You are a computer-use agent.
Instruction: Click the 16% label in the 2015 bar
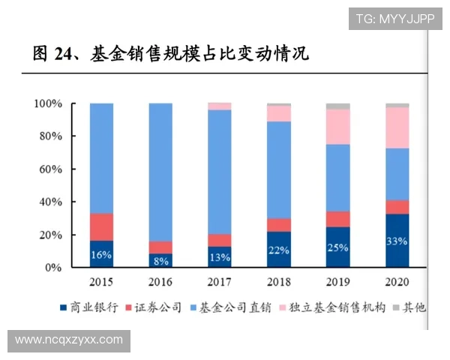coord(101,255)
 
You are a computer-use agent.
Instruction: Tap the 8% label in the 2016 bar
coord(160,261)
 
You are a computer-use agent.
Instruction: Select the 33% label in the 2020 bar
coord(397,241)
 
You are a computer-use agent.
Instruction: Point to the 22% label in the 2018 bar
coord(278,250)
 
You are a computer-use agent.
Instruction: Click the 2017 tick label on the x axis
coord(219,282)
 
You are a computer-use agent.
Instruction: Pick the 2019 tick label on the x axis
coord(337,282)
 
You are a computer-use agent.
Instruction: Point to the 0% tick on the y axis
coord(54,268)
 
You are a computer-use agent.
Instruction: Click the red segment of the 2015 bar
coord(101,227)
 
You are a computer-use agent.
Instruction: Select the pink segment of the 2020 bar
coord(397,127)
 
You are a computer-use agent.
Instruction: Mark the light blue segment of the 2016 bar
coord(160,172)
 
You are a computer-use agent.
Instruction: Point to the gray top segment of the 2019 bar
coord(337,106)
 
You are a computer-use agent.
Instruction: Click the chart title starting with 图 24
coord(171,53)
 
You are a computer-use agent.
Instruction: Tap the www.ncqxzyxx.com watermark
coord(69,340)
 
